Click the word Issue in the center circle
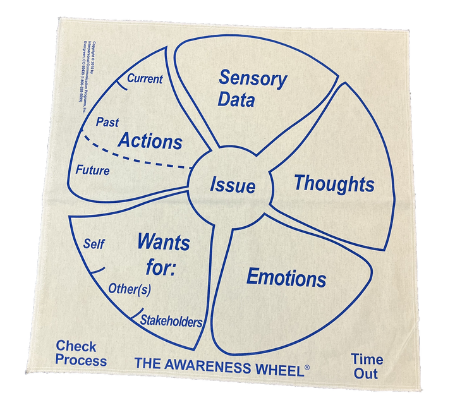(x=233, y=186)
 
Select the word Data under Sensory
(x=236, y=99)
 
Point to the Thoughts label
(x=334, y=184)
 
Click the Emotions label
(x=286, y=277)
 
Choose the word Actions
(x=150, y=140)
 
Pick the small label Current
(x=145, y=79)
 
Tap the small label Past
(x=107, y=122)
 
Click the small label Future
(x=92, y=171)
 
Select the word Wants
(x=163, y=241)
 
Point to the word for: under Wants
(x=154, y=267)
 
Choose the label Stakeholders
(x=171, y=321)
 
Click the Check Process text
(x=81, y=353)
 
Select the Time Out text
(x=365, y=366)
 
